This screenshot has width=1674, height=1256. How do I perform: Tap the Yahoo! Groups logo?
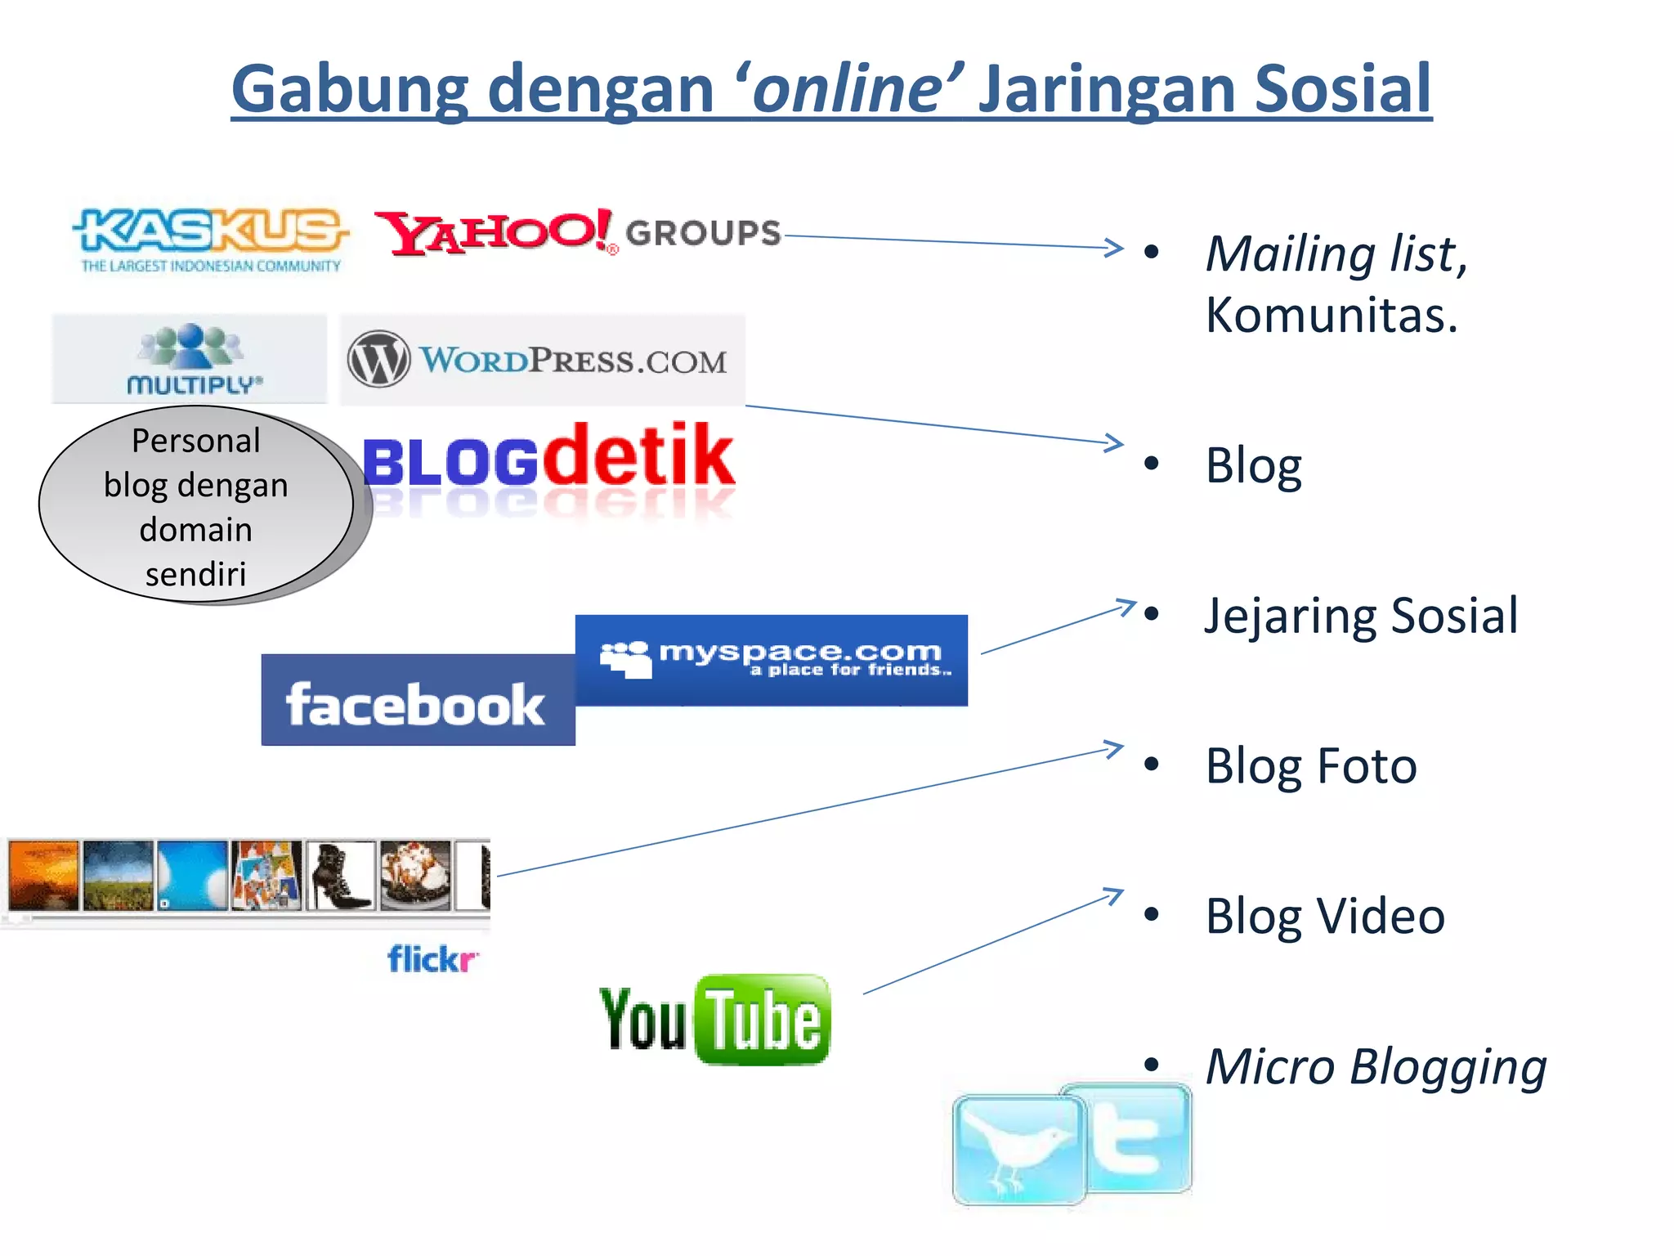click(x=577, y=232)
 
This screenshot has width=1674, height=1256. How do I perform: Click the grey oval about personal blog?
click(x=196, y=505)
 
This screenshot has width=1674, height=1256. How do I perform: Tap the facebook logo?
click(x=417, y=702)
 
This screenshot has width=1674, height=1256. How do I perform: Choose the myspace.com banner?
click(x=772, y=659)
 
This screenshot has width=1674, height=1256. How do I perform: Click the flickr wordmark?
click(x=432, y=958)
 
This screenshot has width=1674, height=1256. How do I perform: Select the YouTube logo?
click(x=714, y=1019)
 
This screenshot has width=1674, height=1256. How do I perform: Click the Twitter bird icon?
click(x=1018, y=1150)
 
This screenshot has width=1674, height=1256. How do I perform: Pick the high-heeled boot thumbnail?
click(x=340, y=875)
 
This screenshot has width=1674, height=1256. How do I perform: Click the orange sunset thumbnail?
click(x=44, y=875)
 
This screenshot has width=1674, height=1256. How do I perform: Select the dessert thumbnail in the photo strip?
click(x=415, y=875)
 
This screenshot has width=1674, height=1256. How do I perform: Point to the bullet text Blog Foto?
click(x=1311, y=766)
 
